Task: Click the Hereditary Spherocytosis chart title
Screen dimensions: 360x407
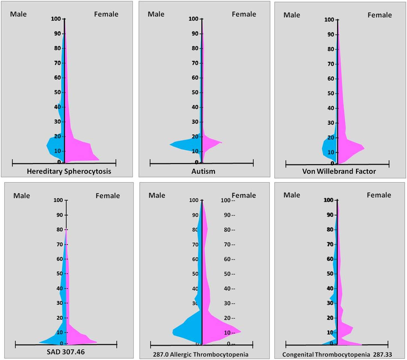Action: tap(69, 171)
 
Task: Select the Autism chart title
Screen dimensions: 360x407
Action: tap(203, 171)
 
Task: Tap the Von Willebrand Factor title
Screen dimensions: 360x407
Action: tap(339, 171)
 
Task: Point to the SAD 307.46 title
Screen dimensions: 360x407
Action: tap(66, 352)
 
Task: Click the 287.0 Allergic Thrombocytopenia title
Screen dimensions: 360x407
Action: tap(201, 354)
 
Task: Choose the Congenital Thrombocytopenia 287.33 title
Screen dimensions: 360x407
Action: tap(337, 354)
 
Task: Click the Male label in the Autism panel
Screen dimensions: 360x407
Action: tap(156, 14)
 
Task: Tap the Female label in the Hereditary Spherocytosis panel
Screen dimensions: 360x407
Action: tap(106, 14)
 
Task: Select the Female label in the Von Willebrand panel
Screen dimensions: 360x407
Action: tap(380, 15)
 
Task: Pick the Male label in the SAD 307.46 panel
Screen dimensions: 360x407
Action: tap(22, 196)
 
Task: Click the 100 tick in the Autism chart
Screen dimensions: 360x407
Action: tap(193, 19)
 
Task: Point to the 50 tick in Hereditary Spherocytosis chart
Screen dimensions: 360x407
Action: tap(57, 92)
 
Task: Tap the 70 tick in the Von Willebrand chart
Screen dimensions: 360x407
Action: tap(331, 64)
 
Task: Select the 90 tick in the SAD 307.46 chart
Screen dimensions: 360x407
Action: tap(60, 215)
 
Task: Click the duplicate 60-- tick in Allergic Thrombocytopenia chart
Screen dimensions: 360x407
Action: tap(229, 259)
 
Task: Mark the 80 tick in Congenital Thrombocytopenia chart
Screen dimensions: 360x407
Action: tap(330, 229)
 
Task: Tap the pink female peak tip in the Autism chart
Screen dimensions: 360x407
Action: tap(222, 143)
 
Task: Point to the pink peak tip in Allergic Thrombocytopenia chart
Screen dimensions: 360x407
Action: tap(241, 331)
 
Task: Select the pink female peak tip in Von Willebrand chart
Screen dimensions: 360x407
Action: tap(364, 148)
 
